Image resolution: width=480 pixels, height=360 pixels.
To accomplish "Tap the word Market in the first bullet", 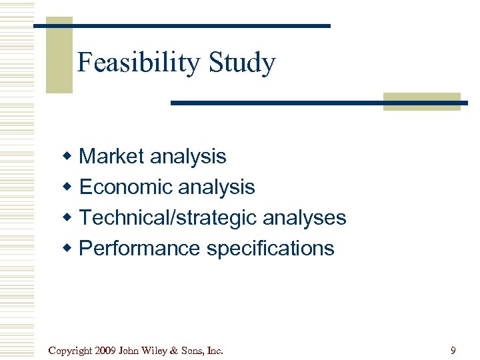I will pyautogui.click(x=111, y=157).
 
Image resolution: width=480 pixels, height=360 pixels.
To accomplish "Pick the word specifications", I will pyautogui.click(x=270, y=249).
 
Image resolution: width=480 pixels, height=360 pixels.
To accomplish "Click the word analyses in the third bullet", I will pyautogui.click(x=305, y=218).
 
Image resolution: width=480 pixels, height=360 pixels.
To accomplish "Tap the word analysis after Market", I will pyautogui.click(x=188, y=157).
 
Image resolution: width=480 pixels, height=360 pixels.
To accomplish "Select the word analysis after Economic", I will pyautogui.click(x=217, y=187).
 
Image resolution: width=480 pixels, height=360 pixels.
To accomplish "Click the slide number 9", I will pyautogui.click(x=453, y=351).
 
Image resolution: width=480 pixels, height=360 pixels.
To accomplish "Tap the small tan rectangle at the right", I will pyautogui.click(x=421, y=101).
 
